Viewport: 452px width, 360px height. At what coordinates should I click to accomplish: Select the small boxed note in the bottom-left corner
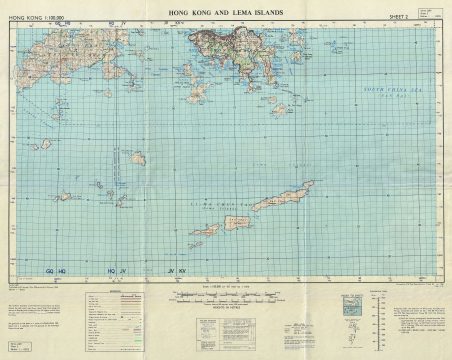click(x=21, y=346)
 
